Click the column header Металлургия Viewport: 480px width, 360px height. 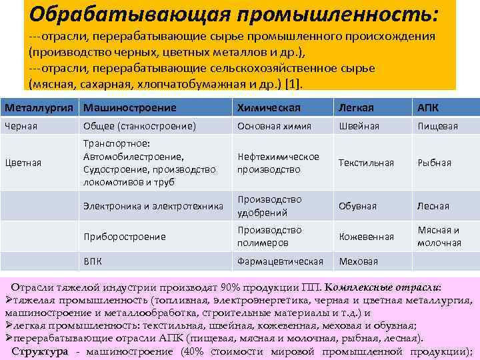[x=39, y=107]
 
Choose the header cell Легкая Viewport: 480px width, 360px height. [x=356, y=107]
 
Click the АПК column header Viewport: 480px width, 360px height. [x=428, y=107]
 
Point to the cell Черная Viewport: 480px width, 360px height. [x=21, y=126]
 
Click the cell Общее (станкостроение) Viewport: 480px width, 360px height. [x=139, y=126]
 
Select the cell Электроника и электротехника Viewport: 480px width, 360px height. [x=153, y=207]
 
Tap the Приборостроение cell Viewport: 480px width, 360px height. [x=125, y=236]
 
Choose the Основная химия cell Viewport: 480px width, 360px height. [x=270, y=126]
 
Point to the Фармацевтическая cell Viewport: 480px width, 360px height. [x=280, y=261]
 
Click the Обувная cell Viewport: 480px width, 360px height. [x=358, y=207]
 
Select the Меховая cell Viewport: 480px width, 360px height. [x=358, y=261]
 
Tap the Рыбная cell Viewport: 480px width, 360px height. [x=434, y=163]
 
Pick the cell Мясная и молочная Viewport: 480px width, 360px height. [x=439, y=236]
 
